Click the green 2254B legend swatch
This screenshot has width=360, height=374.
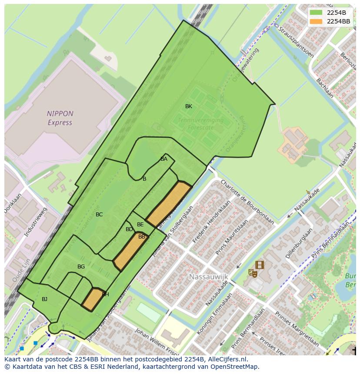tap(316, 13)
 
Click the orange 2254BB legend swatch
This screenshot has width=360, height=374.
tap(316, 21)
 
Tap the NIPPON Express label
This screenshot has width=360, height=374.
tap(60, 118)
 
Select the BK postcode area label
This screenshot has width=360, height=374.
tap(189, 106)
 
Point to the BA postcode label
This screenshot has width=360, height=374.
tap(164, 159)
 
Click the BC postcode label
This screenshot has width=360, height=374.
tap(99, 215)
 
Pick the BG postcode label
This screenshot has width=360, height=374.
tap(81, 267)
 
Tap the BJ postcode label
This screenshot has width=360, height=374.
tap(44, 299)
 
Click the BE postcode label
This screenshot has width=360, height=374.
tap(140, 225)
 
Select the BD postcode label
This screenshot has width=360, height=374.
tap(129, 229)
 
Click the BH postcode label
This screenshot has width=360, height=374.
tap(105, 295)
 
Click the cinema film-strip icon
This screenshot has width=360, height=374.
tap(260, 265)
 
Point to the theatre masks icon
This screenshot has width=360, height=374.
tap(252, 273)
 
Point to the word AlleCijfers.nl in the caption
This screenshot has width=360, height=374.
tap(227, 359)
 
